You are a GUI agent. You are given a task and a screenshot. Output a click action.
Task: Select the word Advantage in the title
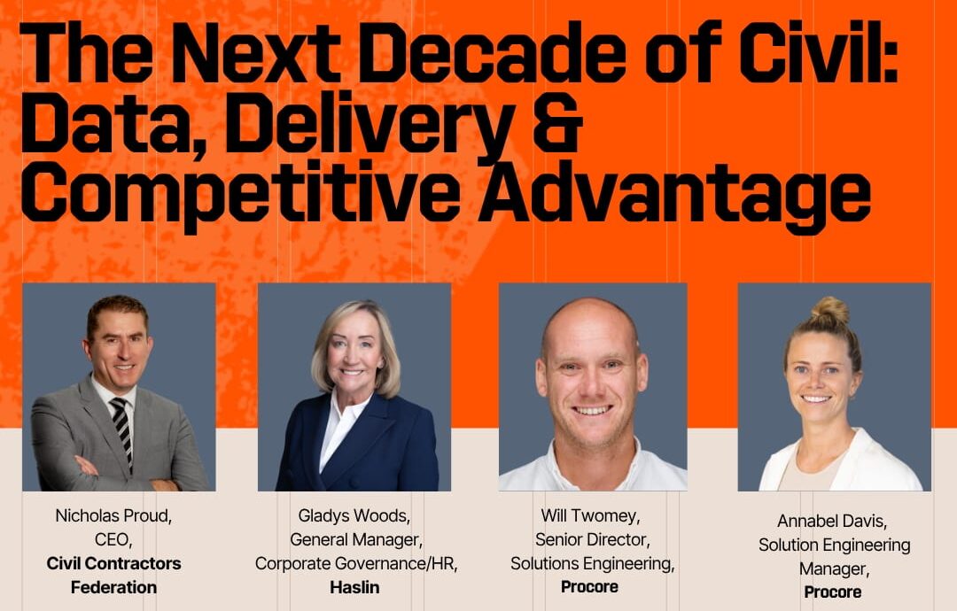(x=674, y=195)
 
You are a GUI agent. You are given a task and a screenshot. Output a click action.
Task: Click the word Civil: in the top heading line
(x=805, y=52)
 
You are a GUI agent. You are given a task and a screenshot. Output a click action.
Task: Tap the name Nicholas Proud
(x=114, y=516)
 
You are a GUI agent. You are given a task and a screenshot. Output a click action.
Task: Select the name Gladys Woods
(x=354, y=516)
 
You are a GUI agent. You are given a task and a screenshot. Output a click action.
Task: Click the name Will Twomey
(x=590, y=516)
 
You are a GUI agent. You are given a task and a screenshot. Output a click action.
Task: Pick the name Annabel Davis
(x=832, y=522)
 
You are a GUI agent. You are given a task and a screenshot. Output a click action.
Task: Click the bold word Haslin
(x=354, y=587)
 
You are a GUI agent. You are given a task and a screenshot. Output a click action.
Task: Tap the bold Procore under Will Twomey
(x=589, y=586)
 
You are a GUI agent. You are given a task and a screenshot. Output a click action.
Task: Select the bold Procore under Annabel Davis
(x=832, y=592)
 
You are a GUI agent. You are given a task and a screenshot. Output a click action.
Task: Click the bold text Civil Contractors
(x=114, y=563)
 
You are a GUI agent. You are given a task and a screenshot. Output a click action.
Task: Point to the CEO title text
(x=113, y=539)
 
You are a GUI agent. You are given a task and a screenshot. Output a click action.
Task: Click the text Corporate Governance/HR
(x=356, y=564)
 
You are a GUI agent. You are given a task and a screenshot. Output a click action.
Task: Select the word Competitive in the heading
(x=240, y=195)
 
